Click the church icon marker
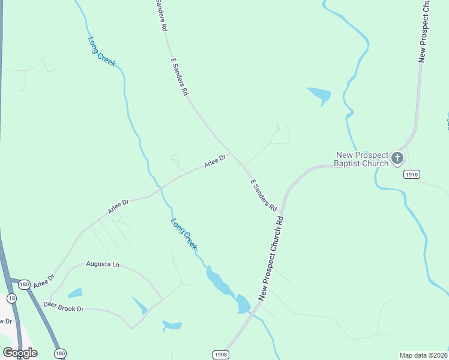point(397,158)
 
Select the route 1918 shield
point(411,174)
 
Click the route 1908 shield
point(220,355)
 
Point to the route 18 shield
point(11,298)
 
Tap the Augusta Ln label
point(103,264)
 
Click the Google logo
point(20,353)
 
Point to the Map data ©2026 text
point(423,355)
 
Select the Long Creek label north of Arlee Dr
point(101,52)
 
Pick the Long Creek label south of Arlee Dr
point(184,234)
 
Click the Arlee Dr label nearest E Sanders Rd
point(214,161)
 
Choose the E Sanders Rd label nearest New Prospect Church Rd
point(263,195)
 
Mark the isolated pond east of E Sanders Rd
point(319,95)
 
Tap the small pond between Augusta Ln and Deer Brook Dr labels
point(75,293)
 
